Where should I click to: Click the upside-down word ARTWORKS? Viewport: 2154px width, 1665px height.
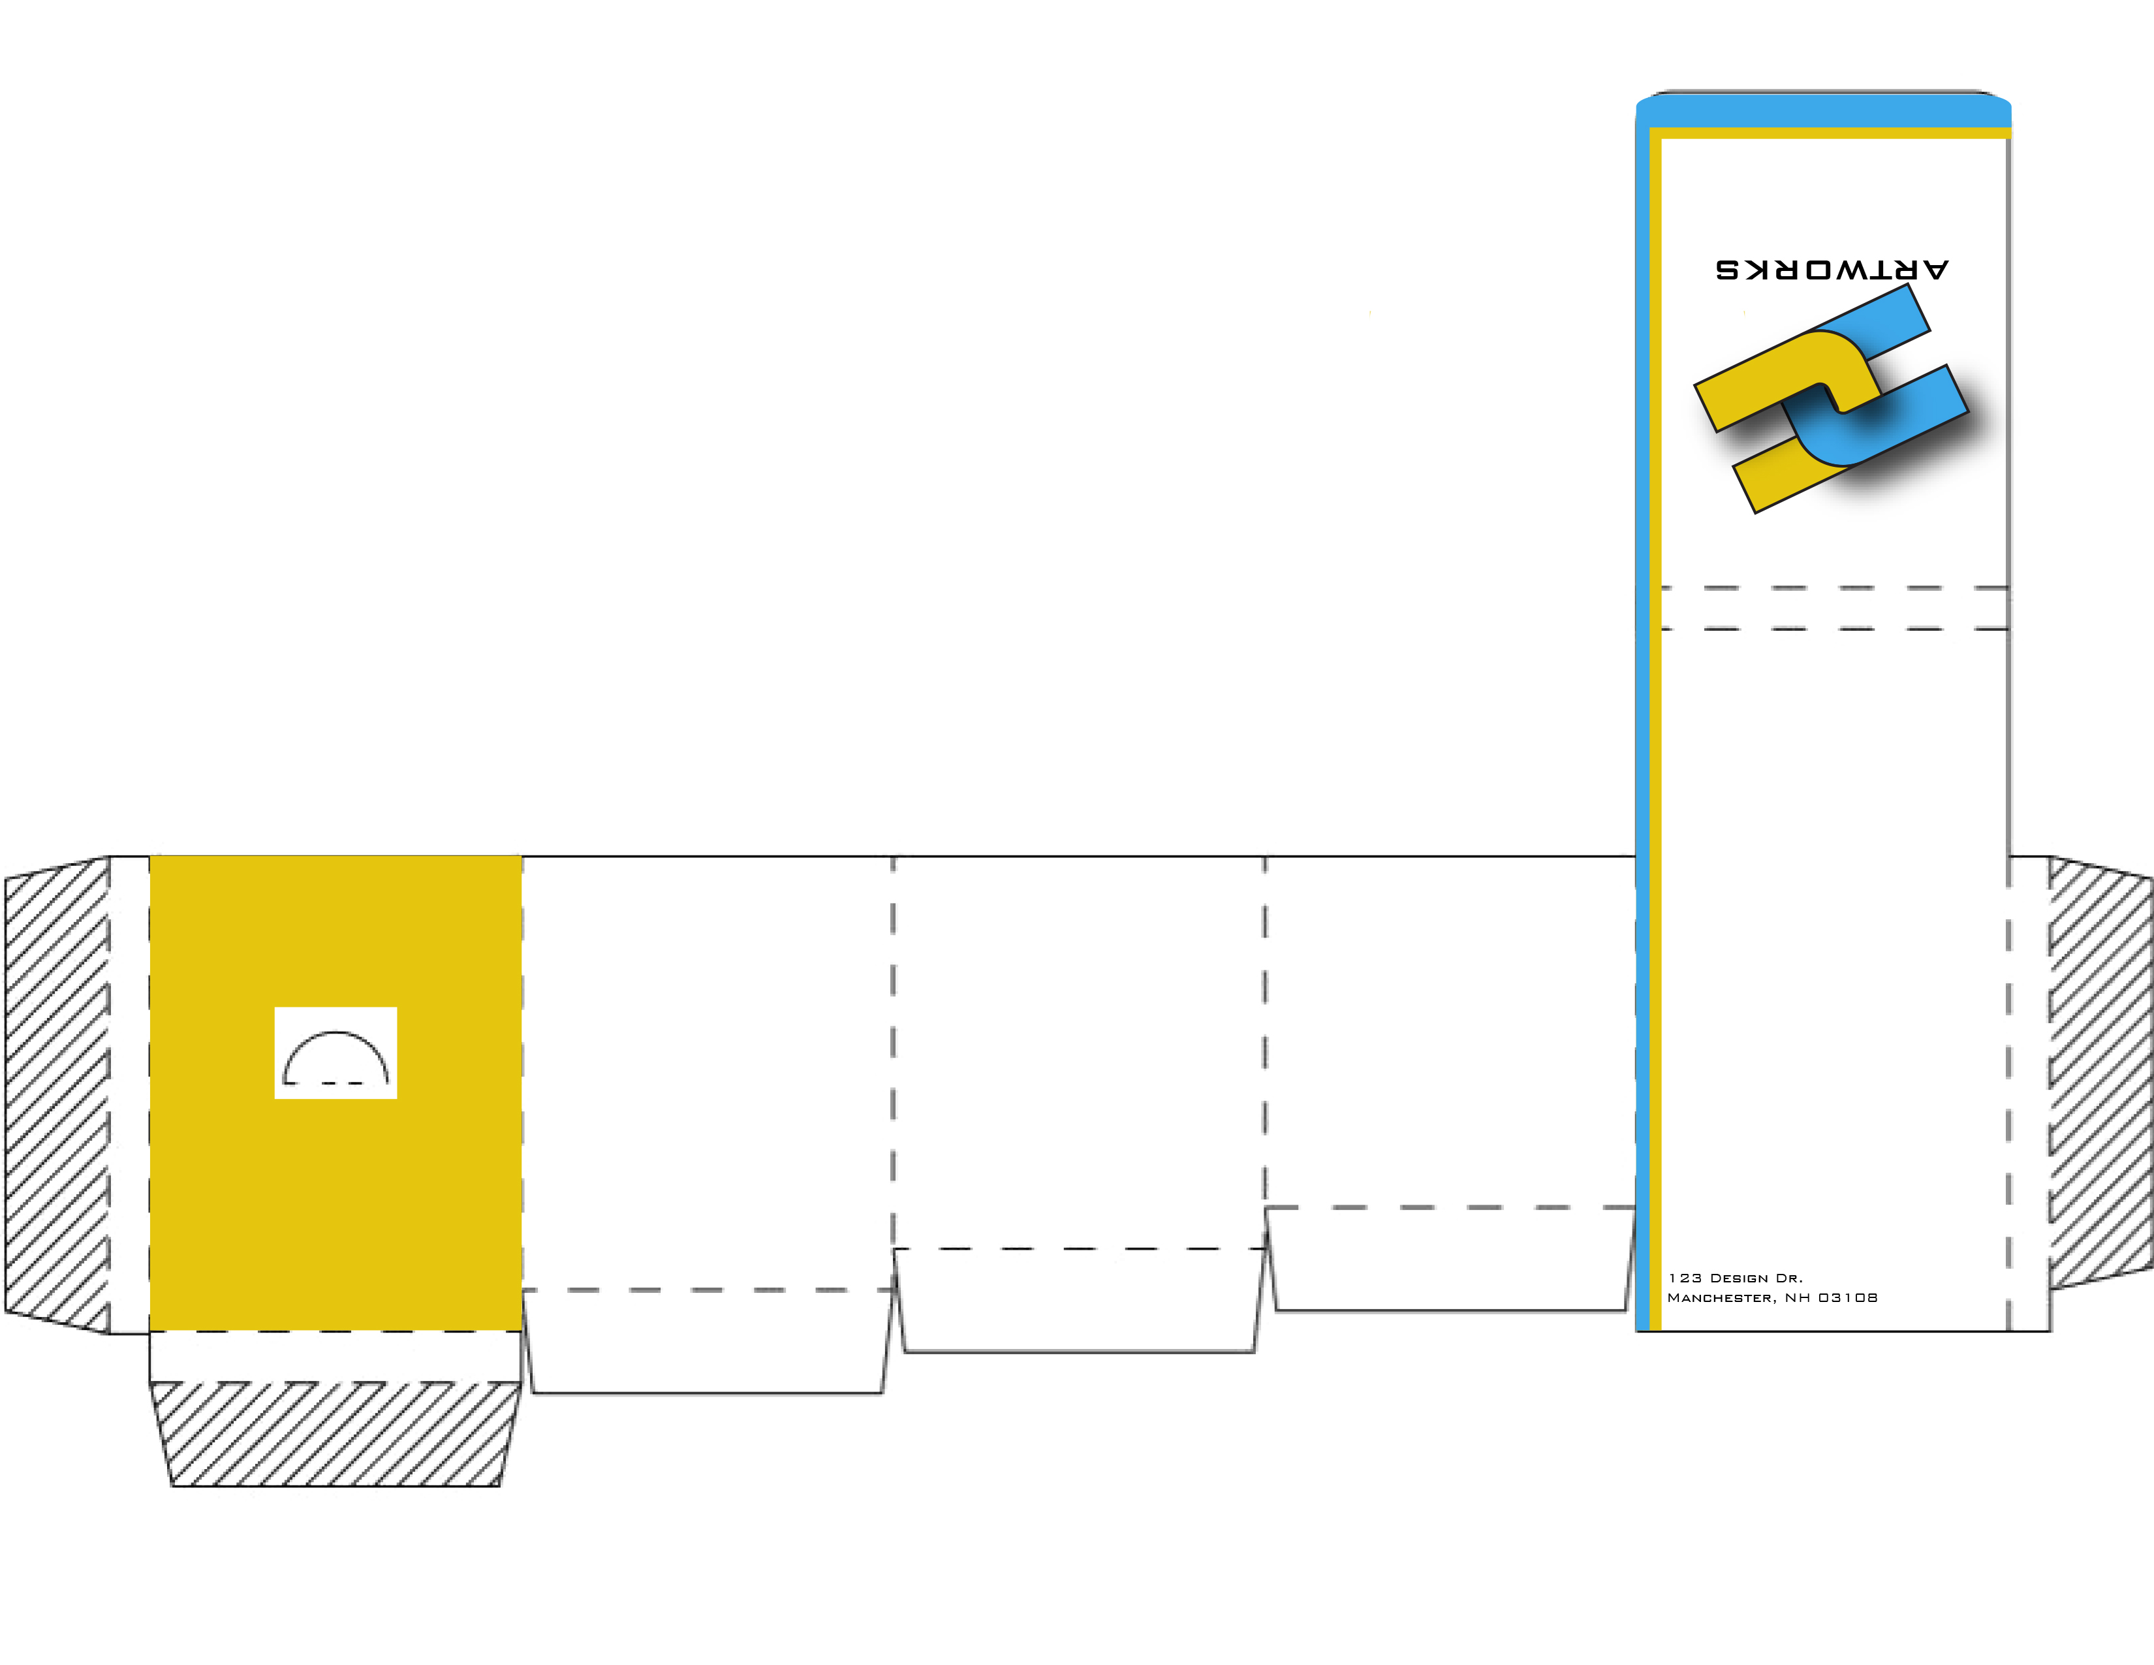1832,269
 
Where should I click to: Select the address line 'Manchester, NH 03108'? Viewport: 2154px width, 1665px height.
1772,1297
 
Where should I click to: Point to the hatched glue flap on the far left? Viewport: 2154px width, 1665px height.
57,1095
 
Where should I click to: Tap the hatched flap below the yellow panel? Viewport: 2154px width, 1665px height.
336,1435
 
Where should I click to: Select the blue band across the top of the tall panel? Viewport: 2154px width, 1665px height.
1824,110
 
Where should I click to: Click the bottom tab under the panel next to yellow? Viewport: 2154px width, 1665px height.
707,1342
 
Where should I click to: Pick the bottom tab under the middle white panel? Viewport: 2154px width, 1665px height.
1079,1300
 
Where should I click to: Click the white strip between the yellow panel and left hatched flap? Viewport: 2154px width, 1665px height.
129,1095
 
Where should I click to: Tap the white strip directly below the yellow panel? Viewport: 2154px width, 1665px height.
336,1357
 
